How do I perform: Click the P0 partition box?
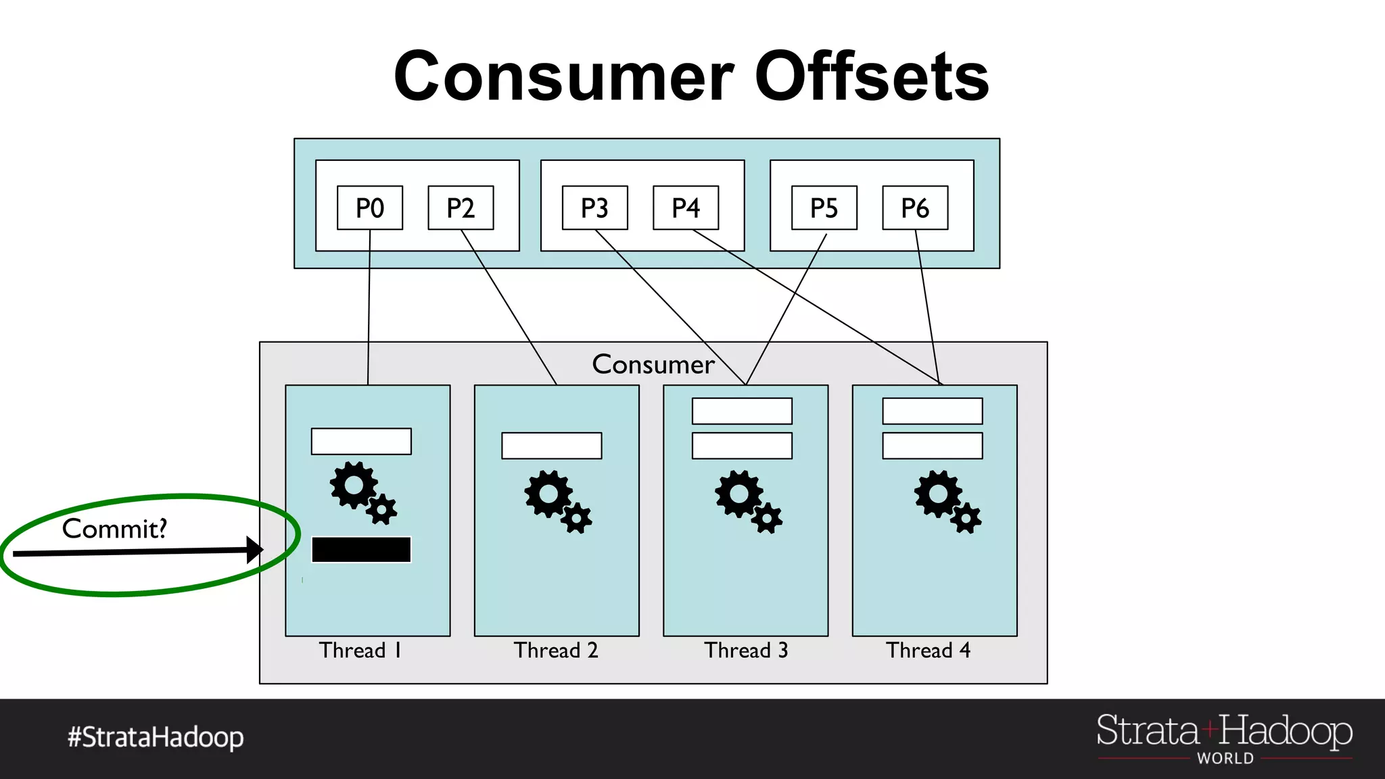pos(370,208)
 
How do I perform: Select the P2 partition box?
pos(461,208)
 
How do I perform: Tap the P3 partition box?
pos(594,208)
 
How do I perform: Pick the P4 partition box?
pos(685,208)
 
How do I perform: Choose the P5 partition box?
pos(824,208)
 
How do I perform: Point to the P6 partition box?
pos(915,208)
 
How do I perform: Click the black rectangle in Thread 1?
pos(361,550)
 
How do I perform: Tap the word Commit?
pos(114,529)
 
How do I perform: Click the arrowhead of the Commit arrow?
pos(255,550)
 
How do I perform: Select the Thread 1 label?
pos(360,651)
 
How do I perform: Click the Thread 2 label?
pos(556,651)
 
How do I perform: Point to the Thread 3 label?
pos(746,651)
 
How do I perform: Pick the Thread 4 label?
pos(928,651)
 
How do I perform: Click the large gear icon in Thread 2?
pos(548,494)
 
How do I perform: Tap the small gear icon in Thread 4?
pos(966,519)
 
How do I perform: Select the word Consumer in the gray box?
pos(653,364)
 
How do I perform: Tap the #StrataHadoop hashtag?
pos(156,737)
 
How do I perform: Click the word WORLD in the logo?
pos(1225,759)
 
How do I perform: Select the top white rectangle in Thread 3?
pos(742,411)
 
